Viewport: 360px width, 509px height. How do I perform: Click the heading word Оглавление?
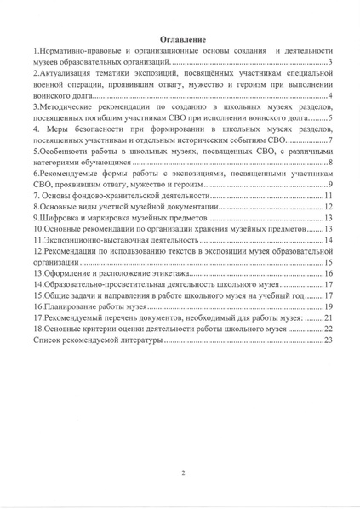pos(180,40)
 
